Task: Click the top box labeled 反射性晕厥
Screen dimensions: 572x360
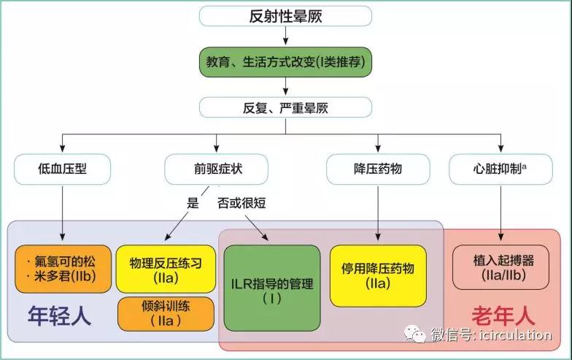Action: coord(285,16)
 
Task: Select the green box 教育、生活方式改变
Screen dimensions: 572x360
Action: coord(285,61)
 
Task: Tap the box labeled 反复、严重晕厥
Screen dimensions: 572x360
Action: coord(285,108)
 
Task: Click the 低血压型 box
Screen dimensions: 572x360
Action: coord(63,169)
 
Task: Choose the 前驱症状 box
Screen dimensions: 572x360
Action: coord(216,169)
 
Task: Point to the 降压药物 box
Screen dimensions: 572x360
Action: coord(378,169)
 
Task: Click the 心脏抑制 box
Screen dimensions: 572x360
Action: coord(500,169)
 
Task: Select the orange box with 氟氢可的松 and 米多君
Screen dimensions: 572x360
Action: coord(63,269)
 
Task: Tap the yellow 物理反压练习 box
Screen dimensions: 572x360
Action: coord(166,269)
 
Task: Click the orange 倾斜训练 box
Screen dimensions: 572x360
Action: coord(166,314)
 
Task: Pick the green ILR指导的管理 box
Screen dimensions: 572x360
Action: coord(272,288)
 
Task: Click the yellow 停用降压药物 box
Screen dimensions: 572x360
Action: coord(378,276)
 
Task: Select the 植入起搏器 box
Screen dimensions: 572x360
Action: coord(500,267)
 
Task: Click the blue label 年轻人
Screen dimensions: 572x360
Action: coord(59,315)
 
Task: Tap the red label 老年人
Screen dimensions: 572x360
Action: coord(503,315)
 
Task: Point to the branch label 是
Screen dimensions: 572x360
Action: coord(193,203)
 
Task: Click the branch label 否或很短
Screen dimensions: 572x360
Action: coord(241,203)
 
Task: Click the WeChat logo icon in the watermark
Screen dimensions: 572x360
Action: coord(414,334)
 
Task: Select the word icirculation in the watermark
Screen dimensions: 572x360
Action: coord(515,334)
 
